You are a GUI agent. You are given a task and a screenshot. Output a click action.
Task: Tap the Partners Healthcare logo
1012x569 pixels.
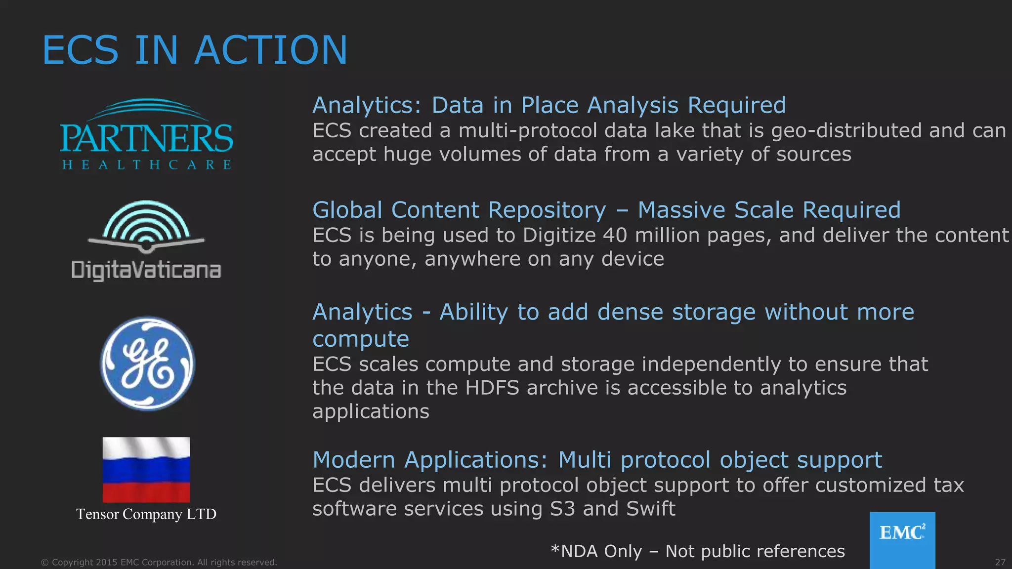coord(146,134)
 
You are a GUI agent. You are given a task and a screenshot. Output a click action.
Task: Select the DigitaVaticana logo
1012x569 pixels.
coord(146,241)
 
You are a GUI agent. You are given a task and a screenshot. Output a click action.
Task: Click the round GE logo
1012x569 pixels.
coord(148,364)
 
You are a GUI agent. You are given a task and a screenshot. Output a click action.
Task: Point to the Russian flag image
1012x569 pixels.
coord(146,469)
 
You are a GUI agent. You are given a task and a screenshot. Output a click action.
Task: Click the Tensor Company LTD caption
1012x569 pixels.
coord(146,514)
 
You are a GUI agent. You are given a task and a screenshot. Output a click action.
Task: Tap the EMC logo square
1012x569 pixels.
coord(902,539)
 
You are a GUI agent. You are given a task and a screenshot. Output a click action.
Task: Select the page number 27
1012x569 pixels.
coord(1000,562)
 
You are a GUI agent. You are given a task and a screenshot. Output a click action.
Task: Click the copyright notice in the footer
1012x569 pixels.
coord(159,562)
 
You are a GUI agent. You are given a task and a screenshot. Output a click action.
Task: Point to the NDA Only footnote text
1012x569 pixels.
coord(698,551)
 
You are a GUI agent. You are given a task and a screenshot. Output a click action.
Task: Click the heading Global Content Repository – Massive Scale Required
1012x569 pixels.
coord(606,210)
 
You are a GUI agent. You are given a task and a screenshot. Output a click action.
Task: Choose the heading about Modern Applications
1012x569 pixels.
coord(597,460)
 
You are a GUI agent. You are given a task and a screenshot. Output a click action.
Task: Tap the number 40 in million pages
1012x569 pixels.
coord(615,235)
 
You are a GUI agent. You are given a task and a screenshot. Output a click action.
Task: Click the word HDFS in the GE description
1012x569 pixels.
coord(492,388)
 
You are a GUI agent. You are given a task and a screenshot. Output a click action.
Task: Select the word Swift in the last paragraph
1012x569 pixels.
coord(650,509)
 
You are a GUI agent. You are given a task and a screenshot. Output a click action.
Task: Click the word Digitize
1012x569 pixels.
coord(559,236)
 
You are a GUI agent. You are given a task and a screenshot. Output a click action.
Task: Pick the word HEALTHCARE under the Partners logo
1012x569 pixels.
coord(146,164)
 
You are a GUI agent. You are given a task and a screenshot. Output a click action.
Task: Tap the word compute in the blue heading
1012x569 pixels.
coord(361,339)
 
